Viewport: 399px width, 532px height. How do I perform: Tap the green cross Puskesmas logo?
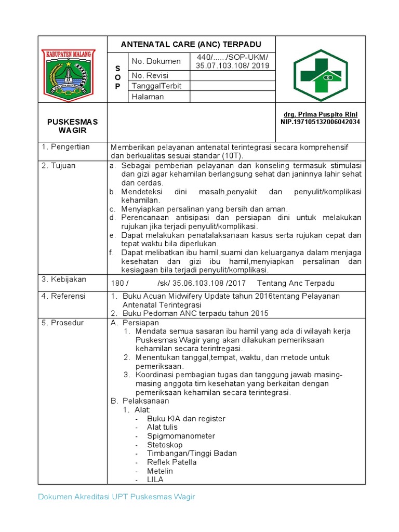click(x=321, y=75)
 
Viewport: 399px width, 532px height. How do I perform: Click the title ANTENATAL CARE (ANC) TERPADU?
click(x=191, y=44)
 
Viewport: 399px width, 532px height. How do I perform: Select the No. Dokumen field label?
click(x=156, y=61)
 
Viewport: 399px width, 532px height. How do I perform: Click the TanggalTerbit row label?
click(x=156, y=86)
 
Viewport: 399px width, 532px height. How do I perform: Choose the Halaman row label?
click(x=148, y=97)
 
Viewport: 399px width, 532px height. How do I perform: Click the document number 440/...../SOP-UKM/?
click(x=232, y=57)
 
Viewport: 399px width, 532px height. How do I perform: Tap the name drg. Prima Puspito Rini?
click(x=320, y=114)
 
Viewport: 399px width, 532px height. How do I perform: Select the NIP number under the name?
click(x=320, y=122)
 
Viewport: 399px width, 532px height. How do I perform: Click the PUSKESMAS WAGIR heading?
click(x=72, y=126)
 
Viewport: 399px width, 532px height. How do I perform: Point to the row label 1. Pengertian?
click(x=66, y=147)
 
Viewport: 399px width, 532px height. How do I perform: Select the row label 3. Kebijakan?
click(x=64, y=280)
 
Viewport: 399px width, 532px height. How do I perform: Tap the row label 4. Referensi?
click(x=64, y=296)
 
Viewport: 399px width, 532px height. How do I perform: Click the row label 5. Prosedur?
click(x=63, y=323)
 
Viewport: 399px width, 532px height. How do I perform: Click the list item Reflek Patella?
click(x=171, y=462)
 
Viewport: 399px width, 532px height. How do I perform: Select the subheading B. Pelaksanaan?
click(x=140, y=401)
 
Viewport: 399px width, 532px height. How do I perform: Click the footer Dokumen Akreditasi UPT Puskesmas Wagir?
click(x=116, y=497)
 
